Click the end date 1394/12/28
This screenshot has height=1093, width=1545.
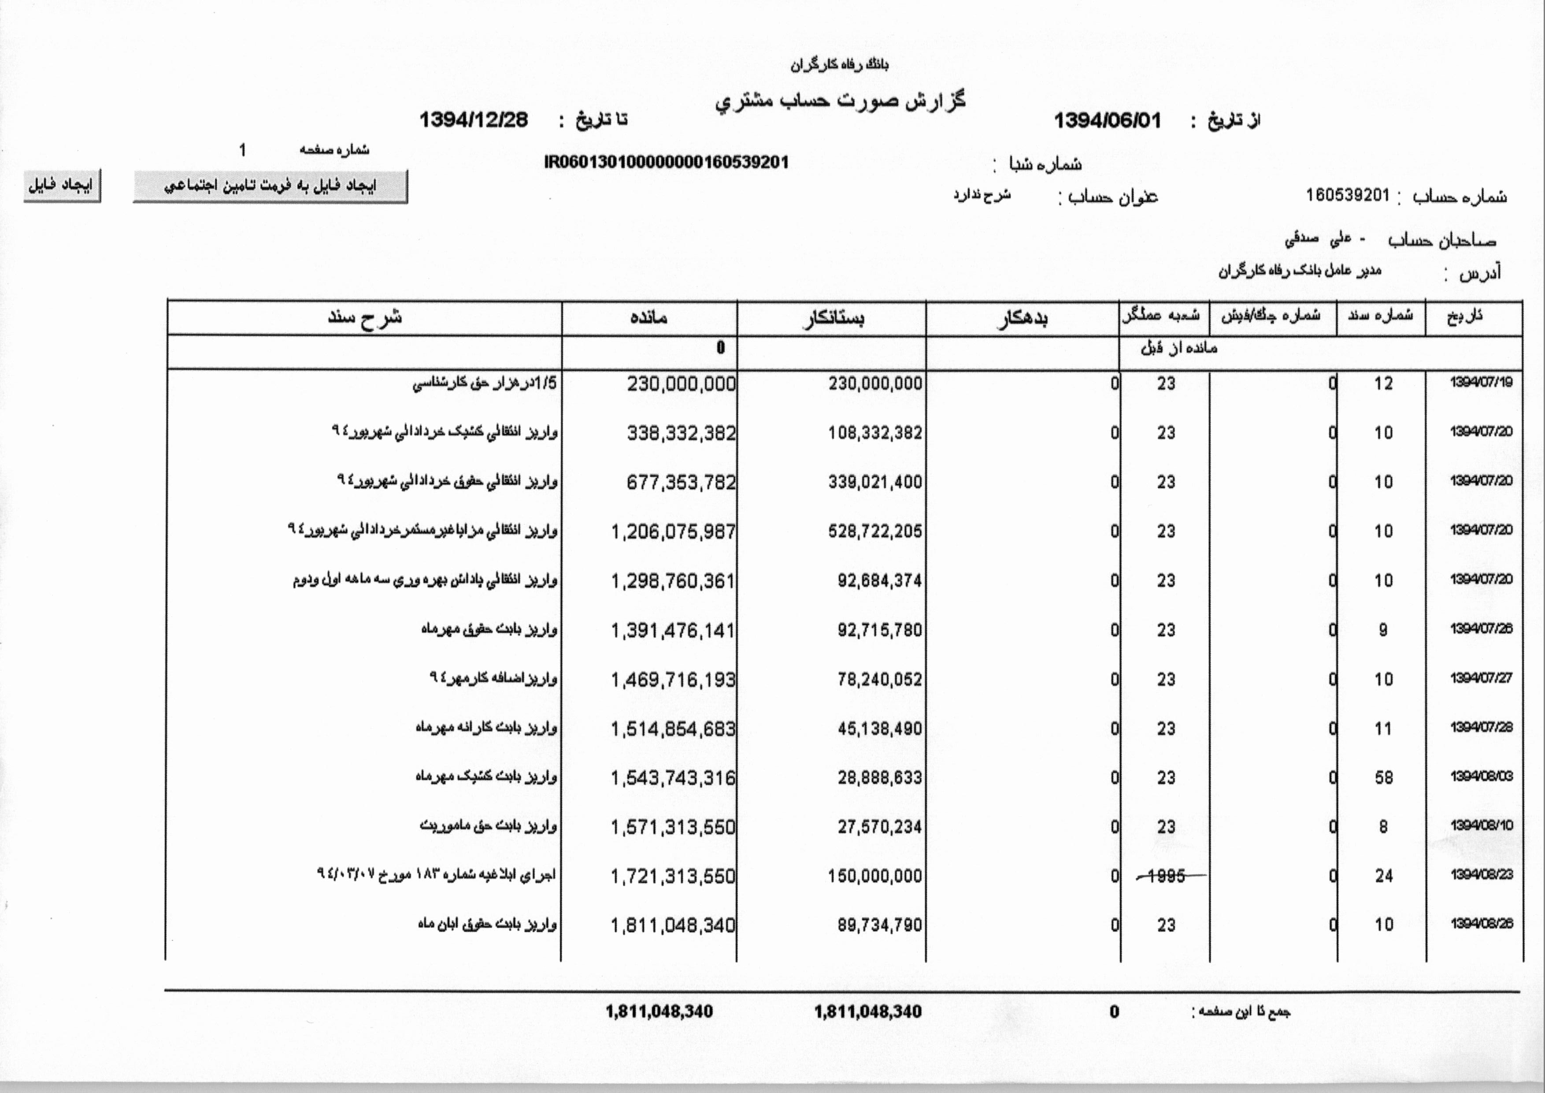[474, 120]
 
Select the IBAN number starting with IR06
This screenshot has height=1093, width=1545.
[666, 162]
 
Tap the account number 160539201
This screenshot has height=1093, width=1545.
[1347, 195]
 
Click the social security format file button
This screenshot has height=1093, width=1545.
[270, 186]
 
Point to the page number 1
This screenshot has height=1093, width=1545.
[242, 150]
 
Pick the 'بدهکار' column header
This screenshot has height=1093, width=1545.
[1022, 318]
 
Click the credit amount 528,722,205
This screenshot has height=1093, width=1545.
[875, 532]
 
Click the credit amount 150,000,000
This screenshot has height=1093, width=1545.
[875, 876]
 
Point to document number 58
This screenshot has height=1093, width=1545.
[1383, 778]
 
